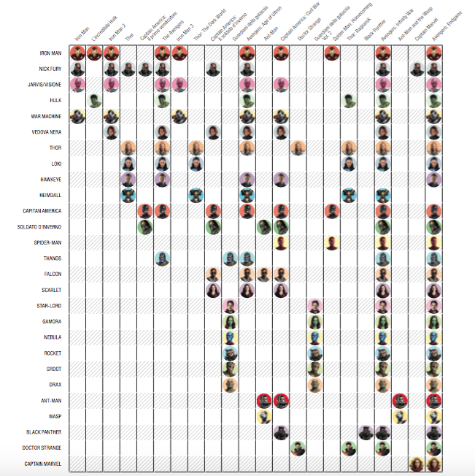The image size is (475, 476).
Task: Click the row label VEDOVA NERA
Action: (x=50, y=132)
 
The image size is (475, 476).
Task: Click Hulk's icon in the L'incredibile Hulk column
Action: (x=94, y=101)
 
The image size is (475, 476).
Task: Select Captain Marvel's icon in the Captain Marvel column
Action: (x=417, y=463)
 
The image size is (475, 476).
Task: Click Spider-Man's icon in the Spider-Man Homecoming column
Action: (x=332, y=242)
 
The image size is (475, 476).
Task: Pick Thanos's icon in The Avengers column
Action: (x=162, y=258)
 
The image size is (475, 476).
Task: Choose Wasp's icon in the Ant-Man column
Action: (x=263, y=415)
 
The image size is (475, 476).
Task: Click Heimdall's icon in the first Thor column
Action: (x=128, y=195)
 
